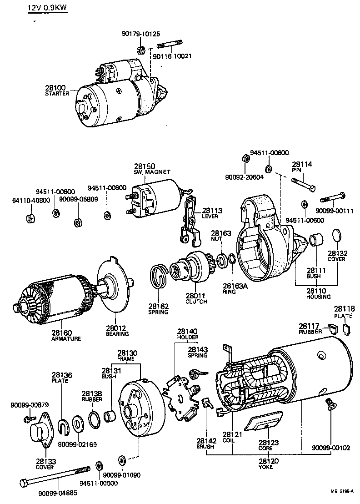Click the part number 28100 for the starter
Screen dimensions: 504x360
[55, 87]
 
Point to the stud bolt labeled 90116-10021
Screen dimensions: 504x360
[170, 45]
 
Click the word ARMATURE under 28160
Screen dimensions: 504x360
[66, 338]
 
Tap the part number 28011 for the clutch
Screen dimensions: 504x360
[196, 296]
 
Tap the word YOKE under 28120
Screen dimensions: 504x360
[266, 467]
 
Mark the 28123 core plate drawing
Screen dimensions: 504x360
[263, 421]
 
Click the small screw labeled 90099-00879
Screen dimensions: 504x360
[30, 417]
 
